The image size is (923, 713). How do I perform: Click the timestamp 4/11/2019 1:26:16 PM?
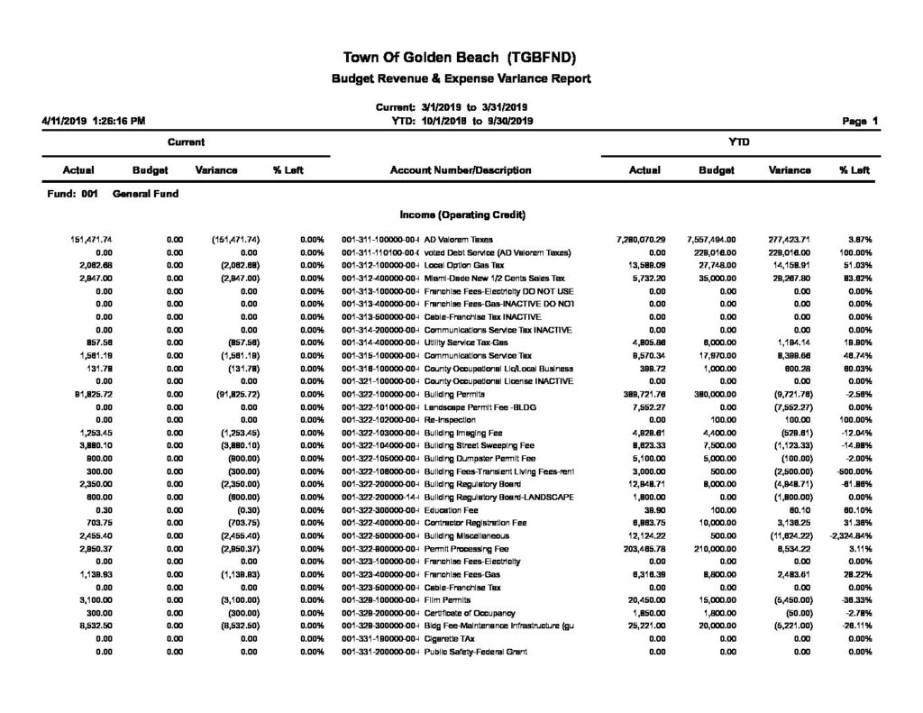click(x=94, y=121)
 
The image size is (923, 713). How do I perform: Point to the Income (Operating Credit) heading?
click(x=461, y=215)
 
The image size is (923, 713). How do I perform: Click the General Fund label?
click(x=145, y=193)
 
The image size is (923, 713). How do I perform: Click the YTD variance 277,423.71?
click(x=786, y=239)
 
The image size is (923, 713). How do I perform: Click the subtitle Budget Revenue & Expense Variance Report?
click(x=461, y=79)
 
